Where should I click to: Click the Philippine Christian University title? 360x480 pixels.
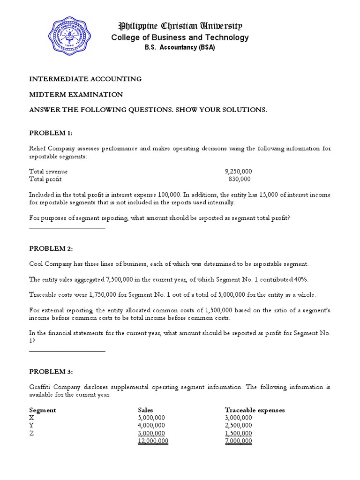(x=180, y=26)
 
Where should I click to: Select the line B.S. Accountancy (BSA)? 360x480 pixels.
(x=180, y=48)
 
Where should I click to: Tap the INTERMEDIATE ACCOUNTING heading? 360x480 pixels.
(x=85, y=79)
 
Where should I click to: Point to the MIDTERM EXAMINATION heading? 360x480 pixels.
(x=76, y=94)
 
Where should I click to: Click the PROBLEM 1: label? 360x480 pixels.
(x=51, y=133)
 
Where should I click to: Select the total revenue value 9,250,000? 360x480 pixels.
(x=238, y=172)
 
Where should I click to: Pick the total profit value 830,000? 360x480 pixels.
(x=240, y=179)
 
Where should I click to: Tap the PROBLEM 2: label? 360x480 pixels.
(x=51, y=248)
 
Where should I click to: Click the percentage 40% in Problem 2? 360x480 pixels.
(x=301, y=279)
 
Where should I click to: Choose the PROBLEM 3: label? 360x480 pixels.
(x=51, y=372)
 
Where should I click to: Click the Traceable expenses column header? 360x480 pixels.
(x=255, y=410)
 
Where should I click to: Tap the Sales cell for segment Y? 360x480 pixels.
(x=151, y=426)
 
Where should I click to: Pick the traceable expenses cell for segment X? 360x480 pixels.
(x=239, y=418)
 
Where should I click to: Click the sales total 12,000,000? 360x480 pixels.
(x=153, y=441)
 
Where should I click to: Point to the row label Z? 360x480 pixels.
(x=31, y=434)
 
